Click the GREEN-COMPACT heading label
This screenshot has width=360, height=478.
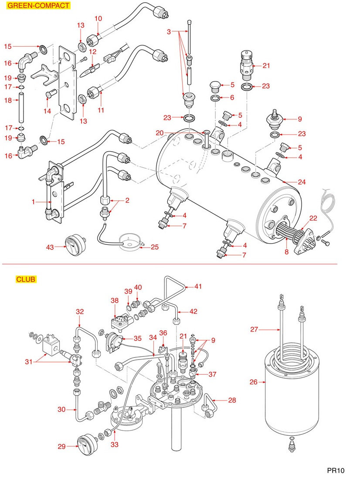click(39, 6)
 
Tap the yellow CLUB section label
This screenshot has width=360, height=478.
click(26, 279)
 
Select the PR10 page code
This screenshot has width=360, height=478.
click(336, 470)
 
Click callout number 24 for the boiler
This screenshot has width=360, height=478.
click(289, 181)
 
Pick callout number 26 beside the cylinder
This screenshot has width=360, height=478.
click(254, 383)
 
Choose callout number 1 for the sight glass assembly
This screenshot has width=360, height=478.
click(33, 202)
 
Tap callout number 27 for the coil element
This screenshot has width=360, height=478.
click(254, 330)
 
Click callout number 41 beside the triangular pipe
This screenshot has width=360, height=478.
click(198, 286)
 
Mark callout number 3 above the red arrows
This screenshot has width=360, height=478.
click(169, 32)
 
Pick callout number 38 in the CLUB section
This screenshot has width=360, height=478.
click(114, 300)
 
